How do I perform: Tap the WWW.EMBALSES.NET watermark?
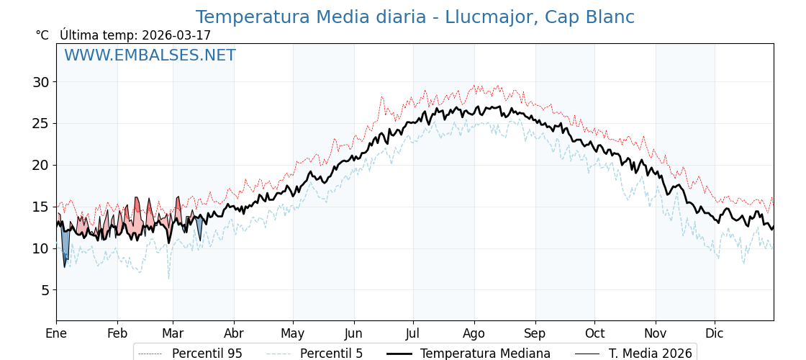coord(150,55)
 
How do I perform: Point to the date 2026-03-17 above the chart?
coord(176,35)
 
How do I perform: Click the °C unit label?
coord(42,35)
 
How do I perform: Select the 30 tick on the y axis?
coord(40,82)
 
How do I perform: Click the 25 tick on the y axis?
coord(40,123)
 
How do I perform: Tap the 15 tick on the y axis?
coord(40,207)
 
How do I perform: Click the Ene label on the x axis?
coord(56,334)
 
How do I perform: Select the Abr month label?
coord(234,334)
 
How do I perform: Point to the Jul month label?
coord(413,334)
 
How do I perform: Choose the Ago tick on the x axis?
coord(474,334)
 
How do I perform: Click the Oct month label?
coord(594,334)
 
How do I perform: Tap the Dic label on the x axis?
coord(715,334)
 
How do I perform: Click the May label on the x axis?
coord(293,334)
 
